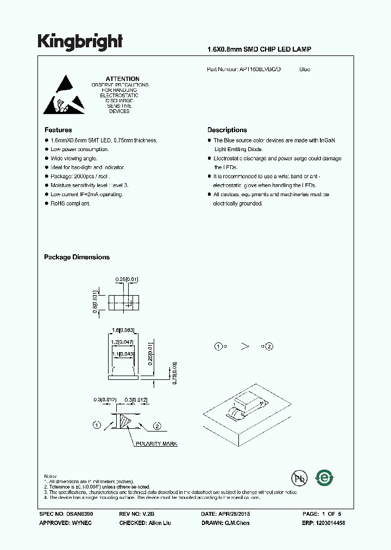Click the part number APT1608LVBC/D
pos(260,70)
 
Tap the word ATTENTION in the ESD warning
pos(122,79)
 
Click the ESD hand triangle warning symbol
pos(64,95)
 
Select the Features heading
pos(58,130)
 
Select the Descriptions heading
pos(227,130)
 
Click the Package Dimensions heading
pos(77,257)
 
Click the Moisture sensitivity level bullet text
pos(86,185)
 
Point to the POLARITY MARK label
pos(157,444)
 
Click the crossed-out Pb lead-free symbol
pos(299,478)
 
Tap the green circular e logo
pos(325,477)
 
